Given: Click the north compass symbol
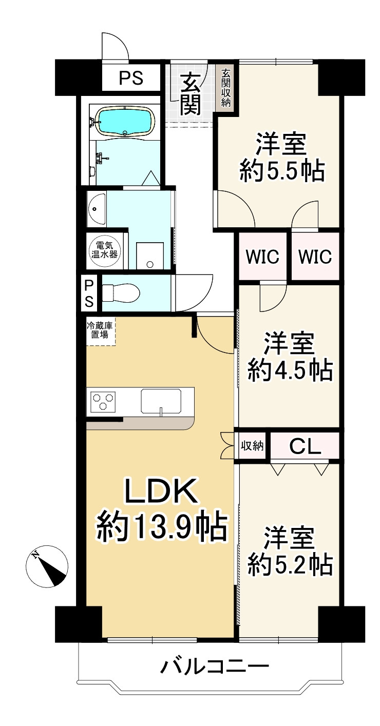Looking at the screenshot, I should (47, 567).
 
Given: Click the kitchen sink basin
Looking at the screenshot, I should (161, 400).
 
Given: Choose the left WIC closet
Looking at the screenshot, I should (262, 257).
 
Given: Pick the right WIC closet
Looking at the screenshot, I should (315, 257).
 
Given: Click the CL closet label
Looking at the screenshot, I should (305, 446).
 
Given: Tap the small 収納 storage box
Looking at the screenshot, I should (252, 446).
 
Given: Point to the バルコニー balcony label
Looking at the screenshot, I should (215, 668).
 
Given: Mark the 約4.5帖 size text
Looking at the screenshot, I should (290, 370).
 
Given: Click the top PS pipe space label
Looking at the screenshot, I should (131, 78).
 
